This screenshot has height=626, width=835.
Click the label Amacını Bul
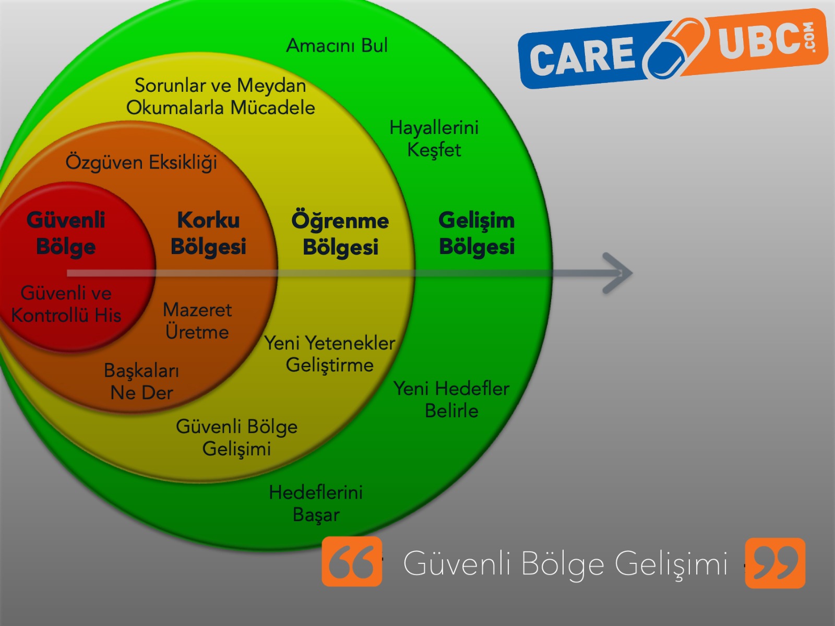coord(337,46)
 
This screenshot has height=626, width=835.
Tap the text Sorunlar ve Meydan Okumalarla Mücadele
coord(220,97)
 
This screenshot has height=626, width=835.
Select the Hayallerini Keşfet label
coord(434,139)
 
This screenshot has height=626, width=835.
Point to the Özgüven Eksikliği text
coord(141,162)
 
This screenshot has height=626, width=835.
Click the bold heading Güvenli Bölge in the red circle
coord(66,233)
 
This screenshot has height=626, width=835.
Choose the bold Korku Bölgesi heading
coord(208,233)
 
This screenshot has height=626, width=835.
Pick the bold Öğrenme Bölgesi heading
coord(340,234)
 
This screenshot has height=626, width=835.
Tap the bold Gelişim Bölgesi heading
coord(476,233)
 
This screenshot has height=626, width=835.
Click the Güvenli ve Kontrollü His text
coord(66,304)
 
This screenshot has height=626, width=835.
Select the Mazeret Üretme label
coord(197,321)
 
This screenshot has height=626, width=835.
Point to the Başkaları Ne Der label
coord(141,381)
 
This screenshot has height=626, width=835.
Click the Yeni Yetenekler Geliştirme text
coord(330,354)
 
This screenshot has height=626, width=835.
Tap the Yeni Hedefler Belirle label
coord(451,400)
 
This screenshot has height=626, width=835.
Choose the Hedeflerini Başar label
coord(316,503)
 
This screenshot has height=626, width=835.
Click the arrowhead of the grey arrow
coord(618,273)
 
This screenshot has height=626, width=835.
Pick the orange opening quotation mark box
coord(352,562)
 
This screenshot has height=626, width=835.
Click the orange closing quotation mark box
coord(775,563)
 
